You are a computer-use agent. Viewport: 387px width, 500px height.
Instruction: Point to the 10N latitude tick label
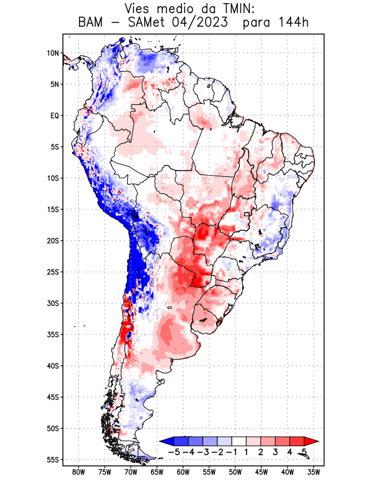[53, 53]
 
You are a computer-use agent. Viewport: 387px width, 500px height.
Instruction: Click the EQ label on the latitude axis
[54, 116]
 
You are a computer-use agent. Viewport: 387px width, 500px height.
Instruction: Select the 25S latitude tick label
[53, 272]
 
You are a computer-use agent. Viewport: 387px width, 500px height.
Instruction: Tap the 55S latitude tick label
[53, 459]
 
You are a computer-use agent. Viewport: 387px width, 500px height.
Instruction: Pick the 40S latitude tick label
[53, 366]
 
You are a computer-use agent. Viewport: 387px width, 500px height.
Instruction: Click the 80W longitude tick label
[79, 472]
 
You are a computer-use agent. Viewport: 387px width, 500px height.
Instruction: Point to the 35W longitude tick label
[314, 472]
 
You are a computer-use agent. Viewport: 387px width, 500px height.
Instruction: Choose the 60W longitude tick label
[183, 472]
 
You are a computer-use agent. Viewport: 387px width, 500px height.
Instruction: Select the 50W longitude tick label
[235, 472]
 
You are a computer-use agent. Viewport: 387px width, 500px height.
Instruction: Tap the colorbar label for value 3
[275, 452]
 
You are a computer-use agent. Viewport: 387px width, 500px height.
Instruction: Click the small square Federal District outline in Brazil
[247, 214]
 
